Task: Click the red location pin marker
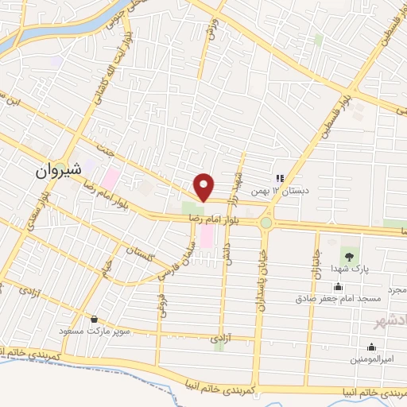click(205, 187)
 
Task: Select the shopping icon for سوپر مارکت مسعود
click(95, 319)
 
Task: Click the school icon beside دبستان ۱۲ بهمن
click(279, 179)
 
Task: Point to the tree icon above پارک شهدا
click(347, 255)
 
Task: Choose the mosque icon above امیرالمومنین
click(370, 347)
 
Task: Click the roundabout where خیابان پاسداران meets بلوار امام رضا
click(266, 223)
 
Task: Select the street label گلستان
click(141, 254)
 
